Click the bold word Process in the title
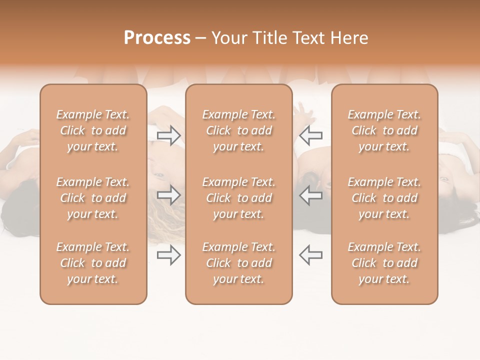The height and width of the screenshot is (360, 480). [x=157, y=38]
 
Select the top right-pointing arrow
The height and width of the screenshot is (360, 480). [x=168, y=135]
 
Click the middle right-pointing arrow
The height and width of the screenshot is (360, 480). [x=168, y=195]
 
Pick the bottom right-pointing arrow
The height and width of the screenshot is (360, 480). [x=168, y=255]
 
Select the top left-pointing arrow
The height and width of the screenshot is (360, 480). [x=310, y=135]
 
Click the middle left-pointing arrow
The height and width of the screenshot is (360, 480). [x=310, y=195]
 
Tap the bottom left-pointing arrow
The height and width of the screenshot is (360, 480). [x=310, y=255]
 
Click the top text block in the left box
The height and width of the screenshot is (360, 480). [x=93, y=130]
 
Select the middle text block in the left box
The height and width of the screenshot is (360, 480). [x=93, y=198]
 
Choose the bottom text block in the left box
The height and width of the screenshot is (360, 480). [x=93, y=263]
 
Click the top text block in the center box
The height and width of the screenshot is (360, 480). [x=238, y=130]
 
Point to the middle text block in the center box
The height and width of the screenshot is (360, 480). [x=238, y=198]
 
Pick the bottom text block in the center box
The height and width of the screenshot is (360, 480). [x=238, y=263]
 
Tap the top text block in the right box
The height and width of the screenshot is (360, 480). [x=384, y=130]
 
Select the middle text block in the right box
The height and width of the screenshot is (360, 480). [x=384, y=198]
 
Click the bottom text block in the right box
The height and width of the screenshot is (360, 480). [x=384, y=263]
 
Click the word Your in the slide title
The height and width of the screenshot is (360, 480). [x=228, y=38]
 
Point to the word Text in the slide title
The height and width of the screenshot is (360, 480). [x=308, y=38]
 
